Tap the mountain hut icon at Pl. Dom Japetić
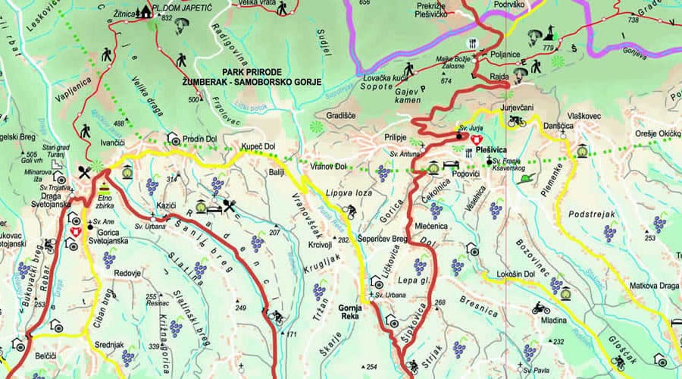144,11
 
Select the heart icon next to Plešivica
477,140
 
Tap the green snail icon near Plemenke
524,178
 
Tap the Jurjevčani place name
518,108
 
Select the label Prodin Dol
199,139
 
